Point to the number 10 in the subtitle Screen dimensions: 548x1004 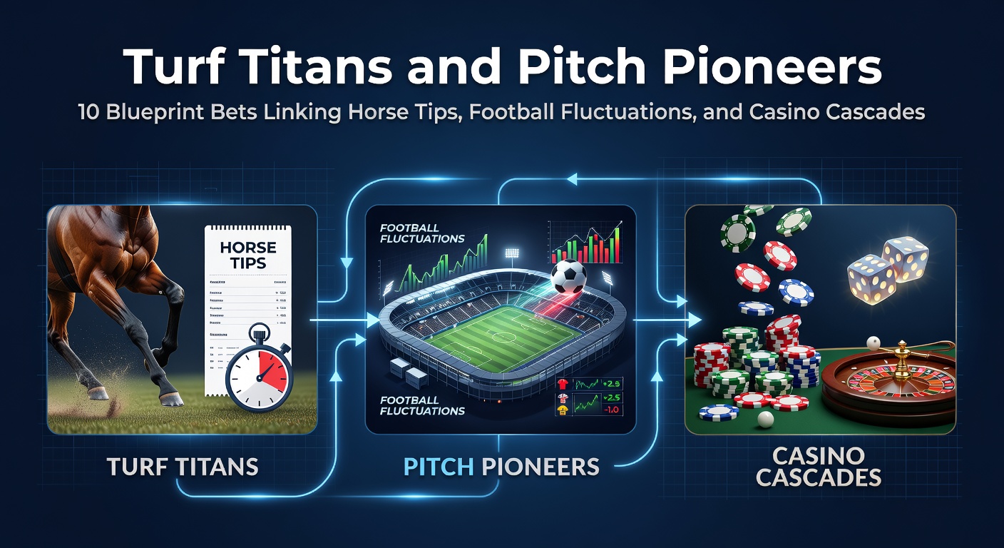88,113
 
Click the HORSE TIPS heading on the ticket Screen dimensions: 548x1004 247,255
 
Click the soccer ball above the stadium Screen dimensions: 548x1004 568,276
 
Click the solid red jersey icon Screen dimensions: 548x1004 563,384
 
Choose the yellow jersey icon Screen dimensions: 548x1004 563,409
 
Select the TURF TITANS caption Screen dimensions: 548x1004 183,467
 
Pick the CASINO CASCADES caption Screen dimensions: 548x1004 819,467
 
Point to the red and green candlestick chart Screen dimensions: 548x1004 585,242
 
